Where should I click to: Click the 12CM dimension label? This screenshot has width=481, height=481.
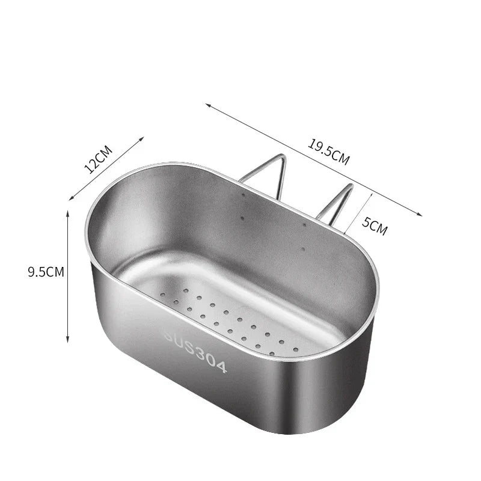point(99,159)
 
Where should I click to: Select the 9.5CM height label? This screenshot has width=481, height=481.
point(46,272)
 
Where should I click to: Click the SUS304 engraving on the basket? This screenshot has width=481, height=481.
point(194,351)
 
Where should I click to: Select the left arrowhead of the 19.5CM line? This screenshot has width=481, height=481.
point(208,106)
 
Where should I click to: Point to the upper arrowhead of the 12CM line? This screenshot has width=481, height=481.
point(142,138)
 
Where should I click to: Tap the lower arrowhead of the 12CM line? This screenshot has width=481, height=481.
point(71,197)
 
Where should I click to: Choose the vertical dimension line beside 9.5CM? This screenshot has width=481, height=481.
point(68,277)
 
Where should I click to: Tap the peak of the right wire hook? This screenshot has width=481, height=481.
point(350,186)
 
